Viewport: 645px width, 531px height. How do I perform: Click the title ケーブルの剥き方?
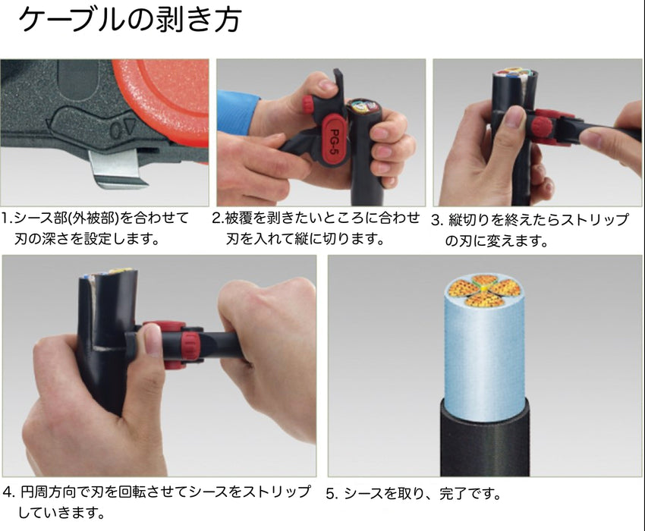click(x=130, y=19)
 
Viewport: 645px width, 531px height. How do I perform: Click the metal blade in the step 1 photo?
click(x=119, y=169)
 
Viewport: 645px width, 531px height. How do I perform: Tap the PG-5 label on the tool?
click(x=335, y=141)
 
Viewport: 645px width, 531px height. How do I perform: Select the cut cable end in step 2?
click(x=364, y=108)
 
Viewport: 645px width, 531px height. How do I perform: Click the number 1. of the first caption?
click(x=8, y=218)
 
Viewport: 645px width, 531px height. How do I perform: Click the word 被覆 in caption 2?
click(x=239, y=218)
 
